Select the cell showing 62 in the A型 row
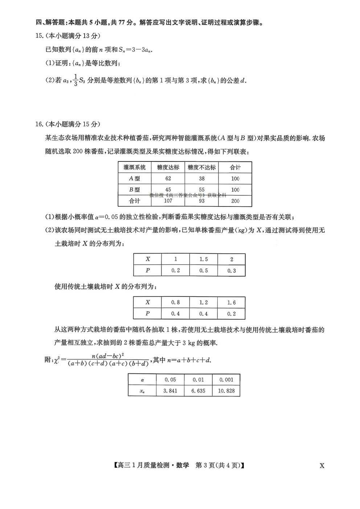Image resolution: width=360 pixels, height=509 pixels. click(x=168, y=178)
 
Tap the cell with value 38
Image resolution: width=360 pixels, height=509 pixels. click(x=202, y=178)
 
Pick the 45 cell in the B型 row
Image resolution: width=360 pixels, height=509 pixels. click(x=168, y=189)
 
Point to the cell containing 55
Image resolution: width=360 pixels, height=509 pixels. click(x=202, y=189)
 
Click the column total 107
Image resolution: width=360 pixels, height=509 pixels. click(x=168, y=201)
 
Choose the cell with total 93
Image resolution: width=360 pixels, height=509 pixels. click(x=202, y=201)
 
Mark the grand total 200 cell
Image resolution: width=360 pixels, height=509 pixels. click(x=235, y=201)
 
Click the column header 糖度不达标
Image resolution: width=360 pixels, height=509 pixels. click(x=202, y=167)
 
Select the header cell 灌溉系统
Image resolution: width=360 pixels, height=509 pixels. click(x=135, y=167)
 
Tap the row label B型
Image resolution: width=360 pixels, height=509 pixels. click(x=135, y=189)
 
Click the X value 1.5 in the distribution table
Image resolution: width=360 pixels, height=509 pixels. click(x=204, y=259)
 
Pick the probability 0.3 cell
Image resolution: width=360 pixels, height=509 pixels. click(x=232, y=271)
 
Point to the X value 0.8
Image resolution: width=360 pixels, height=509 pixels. click(x=175, y=302)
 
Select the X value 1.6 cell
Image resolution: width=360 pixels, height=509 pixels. click(x=232, y=302)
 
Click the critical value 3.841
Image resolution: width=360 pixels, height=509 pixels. click(x=170, y=391)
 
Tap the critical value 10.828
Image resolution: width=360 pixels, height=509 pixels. click(x=226, y=391)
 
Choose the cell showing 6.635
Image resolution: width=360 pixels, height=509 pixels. click(x=198, y=391)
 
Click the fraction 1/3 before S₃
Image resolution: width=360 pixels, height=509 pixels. click(x=75, y=80)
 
